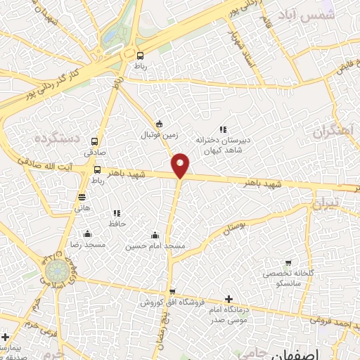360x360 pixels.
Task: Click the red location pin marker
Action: pyautogui.click(x=181, y=165)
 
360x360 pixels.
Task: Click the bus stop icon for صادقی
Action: pyautogui.click(x=95, y=141)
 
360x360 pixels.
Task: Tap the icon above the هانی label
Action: pyautogui.click(x=82, y=198)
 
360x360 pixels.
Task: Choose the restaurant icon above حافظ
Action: pyautogui.click(x=117, y=213)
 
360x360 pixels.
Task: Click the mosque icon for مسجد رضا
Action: pyautogui.click(x=87, y=234)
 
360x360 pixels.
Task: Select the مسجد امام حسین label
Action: pyautogui.click(x=155, y=246)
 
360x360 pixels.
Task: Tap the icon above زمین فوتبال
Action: pyautogui.click(x=159, y=122)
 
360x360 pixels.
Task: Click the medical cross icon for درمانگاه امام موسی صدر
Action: pyautogui.click(x=229, y=299)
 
